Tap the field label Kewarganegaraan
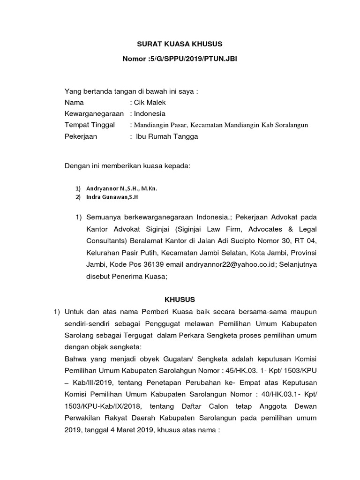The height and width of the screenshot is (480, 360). point(94,113)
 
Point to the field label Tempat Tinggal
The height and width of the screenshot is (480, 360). point(90,125)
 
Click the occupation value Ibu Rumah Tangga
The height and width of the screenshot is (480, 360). point(167,136)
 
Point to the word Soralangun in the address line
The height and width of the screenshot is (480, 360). point(292,125)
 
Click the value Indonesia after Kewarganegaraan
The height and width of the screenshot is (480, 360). point(150,113)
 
